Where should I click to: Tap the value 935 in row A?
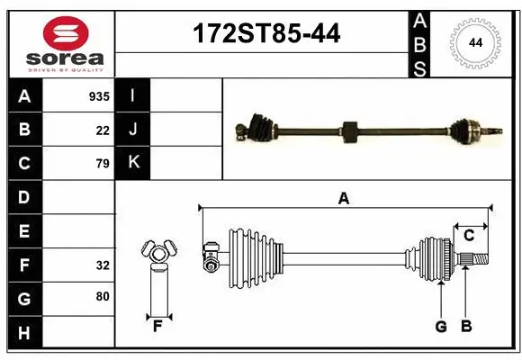98,95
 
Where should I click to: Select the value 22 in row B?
102,130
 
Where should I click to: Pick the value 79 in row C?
102,164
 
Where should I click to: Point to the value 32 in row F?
102,265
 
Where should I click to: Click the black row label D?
24,197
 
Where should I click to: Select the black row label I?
133,95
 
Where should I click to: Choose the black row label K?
133,164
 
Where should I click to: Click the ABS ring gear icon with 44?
472,41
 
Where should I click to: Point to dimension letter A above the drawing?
343,199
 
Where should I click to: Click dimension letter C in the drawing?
469,236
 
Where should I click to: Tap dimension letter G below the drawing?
441,327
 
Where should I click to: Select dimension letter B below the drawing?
466,327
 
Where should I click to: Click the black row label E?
24,231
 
